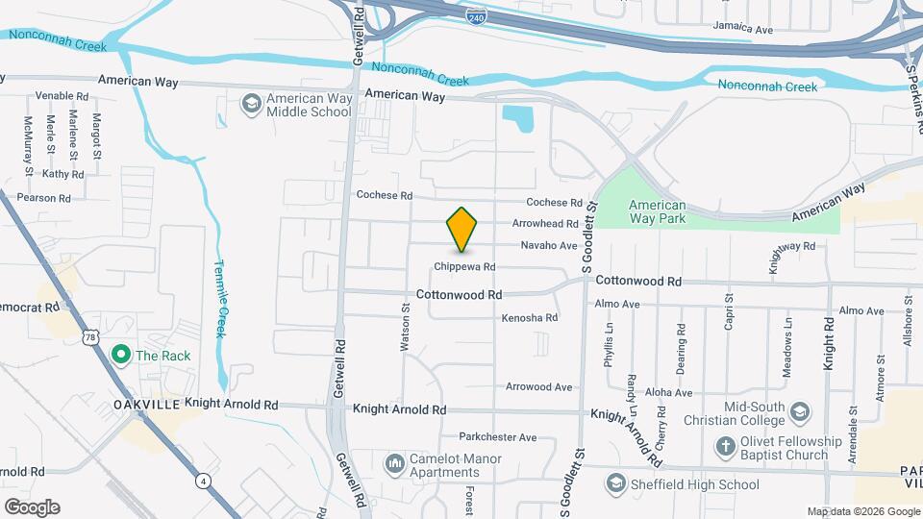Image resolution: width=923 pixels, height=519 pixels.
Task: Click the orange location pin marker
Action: point(462,229)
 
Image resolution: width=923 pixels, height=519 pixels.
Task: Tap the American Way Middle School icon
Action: point(251,104)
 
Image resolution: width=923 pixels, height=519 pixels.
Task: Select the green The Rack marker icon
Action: point(121,356)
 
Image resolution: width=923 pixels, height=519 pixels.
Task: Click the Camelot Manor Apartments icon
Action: point(394,465)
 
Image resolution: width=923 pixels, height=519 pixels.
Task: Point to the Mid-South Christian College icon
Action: point(800,413)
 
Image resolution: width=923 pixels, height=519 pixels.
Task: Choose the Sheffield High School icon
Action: point(618,483)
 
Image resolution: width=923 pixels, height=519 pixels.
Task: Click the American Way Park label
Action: point(657,211)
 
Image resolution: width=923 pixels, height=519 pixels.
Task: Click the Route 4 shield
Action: point(202,479)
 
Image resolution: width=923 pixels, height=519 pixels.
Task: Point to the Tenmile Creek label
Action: point(219,299)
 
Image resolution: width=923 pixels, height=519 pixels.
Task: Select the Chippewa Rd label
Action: point(463,266)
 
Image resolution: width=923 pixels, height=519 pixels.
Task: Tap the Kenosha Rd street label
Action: point(530,317)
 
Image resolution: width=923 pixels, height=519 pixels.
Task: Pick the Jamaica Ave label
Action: point(742,30)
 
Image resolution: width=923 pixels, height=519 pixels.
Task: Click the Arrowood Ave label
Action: point(539,387)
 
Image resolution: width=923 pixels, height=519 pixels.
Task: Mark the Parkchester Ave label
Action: point(497,436)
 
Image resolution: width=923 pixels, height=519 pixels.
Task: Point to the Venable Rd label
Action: point(62,96)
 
